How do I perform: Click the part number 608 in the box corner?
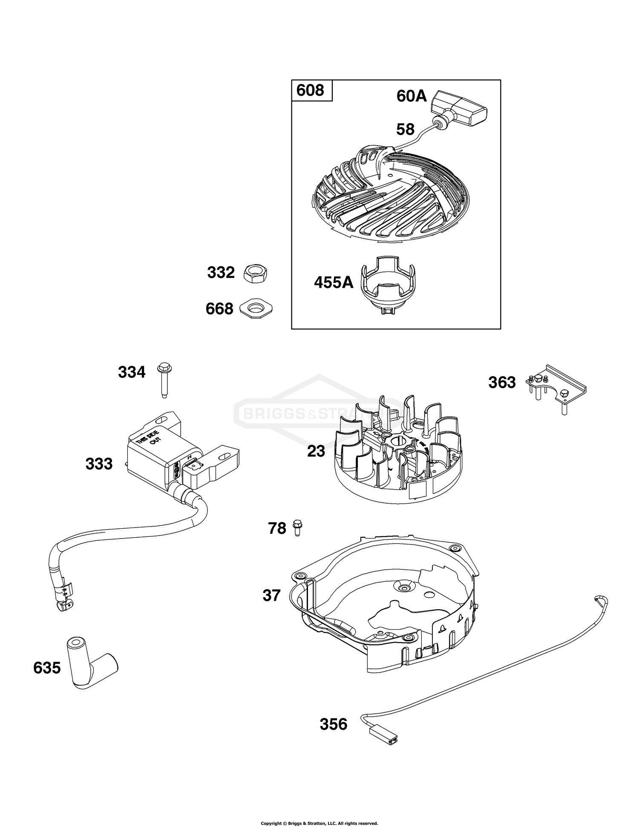point(310,90)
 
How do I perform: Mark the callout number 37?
point(271,595)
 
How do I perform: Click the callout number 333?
point(99,464)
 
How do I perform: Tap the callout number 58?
point(405,130)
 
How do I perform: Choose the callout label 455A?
point(334,282)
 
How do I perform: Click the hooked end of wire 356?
point(602,601)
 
